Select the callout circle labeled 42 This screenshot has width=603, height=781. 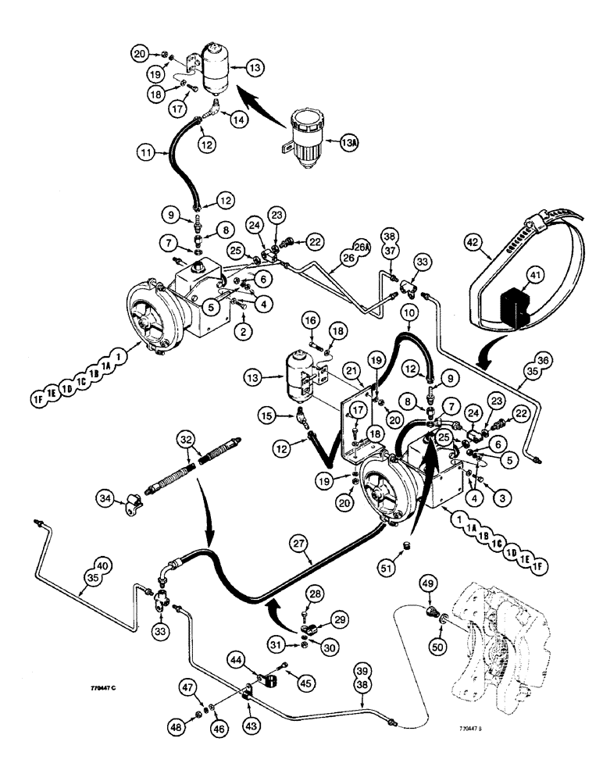tap(484, 252)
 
